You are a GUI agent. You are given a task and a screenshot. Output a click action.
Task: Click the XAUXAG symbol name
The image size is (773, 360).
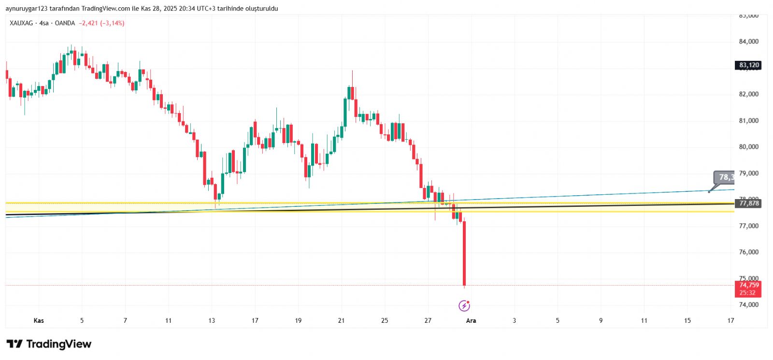click(21, 23)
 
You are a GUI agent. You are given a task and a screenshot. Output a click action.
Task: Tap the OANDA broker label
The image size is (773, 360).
click(65, 23)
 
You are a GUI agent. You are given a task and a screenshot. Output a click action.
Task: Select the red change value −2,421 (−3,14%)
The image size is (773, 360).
click(102, 23)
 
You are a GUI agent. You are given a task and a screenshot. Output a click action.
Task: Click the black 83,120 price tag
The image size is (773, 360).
click(748, 65)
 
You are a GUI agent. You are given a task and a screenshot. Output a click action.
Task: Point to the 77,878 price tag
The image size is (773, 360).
click(748, 203)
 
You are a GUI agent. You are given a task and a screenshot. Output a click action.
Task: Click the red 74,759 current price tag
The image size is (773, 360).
click(748, 285)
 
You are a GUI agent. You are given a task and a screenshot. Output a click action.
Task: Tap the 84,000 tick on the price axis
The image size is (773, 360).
click(748, 42)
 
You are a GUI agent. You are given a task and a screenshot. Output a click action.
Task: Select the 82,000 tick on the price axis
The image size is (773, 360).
click(748, 94)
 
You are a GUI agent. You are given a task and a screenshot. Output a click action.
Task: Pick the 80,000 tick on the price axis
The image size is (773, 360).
click(748, 147)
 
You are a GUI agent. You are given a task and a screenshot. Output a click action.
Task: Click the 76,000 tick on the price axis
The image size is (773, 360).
click(748, 252)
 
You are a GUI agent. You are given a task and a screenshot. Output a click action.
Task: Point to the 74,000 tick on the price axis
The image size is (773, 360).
click(748, 305)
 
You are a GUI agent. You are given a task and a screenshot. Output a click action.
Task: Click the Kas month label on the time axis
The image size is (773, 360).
click(39, 320)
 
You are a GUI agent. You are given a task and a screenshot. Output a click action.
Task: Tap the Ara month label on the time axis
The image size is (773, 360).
click(471, 320)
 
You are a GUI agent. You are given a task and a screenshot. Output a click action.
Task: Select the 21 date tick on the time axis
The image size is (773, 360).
click(342, 320)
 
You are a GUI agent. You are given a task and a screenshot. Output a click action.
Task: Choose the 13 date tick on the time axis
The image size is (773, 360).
click(212, 320)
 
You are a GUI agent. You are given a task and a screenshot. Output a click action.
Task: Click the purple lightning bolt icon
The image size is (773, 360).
click(464, 305)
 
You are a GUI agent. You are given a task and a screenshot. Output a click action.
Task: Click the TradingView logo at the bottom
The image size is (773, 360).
click(49, 344)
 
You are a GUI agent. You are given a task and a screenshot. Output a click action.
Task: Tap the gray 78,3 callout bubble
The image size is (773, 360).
click(725, 177)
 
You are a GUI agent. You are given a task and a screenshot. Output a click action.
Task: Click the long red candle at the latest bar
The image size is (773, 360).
click(464, 254)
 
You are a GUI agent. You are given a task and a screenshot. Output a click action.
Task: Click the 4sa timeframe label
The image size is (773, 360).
click(44, 23)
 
